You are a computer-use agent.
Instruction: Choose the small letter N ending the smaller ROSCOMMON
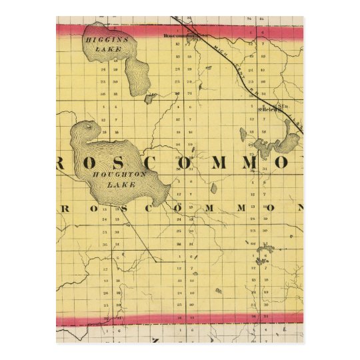[x=299, y=207]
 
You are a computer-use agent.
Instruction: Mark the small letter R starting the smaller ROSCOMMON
[x=65, y=207]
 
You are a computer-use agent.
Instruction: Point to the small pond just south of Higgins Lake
[x=151, y=97]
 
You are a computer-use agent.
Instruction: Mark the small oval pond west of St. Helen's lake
[x=244, y=134]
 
